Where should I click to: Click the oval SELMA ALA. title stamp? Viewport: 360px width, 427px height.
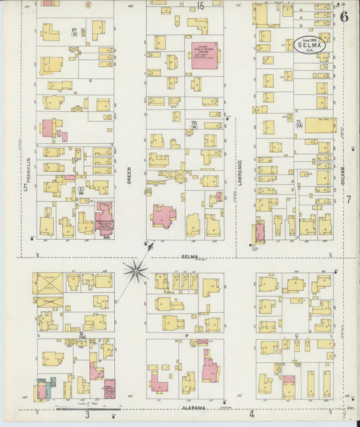[310, 45]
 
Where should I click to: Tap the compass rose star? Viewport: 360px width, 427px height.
[136, 272]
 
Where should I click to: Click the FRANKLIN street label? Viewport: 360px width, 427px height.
[30, 168]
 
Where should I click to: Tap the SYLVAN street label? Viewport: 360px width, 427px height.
[342, 177]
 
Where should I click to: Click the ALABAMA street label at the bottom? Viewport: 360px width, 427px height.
[193, 409]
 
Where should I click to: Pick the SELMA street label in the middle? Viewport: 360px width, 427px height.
[189, 257]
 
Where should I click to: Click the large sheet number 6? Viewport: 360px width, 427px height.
[344, 17]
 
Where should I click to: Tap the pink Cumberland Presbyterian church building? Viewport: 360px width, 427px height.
[104, 218]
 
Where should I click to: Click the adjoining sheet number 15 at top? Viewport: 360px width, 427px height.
[201, 6]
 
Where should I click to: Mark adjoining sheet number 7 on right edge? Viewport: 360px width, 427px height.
[349, 199]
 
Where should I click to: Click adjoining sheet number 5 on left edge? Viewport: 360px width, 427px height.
[26, 189]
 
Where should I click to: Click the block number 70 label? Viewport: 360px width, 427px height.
[194, 122]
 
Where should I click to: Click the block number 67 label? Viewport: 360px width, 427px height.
[74, 31]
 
